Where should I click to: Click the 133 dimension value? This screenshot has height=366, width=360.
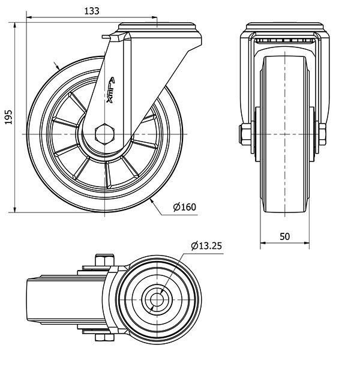92,11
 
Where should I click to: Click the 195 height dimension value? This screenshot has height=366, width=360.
8,117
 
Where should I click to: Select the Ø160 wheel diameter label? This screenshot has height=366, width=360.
184,207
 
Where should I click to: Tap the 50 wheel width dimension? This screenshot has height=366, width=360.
284,236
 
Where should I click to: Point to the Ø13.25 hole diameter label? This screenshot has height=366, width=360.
206,246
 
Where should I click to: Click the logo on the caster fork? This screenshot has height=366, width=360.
110,90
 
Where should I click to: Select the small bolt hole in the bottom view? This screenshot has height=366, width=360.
157,299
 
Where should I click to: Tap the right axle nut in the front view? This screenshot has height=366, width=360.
322,134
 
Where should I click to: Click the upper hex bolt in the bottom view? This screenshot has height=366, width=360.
104,260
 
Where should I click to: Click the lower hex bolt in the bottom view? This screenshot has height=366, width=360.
104,338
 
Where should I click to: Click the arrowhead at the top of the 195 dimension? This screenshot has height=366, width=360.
15,25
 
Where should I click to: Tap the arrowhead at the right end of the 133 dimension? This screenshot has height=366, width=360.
154,17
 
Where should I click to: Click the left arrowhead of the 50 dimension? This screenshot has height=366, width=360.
263,243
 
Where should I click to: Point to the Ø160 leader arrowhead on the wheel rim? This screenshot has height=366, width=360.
152,202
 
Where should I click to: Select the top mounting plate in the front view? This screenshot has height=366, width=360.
284,26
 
